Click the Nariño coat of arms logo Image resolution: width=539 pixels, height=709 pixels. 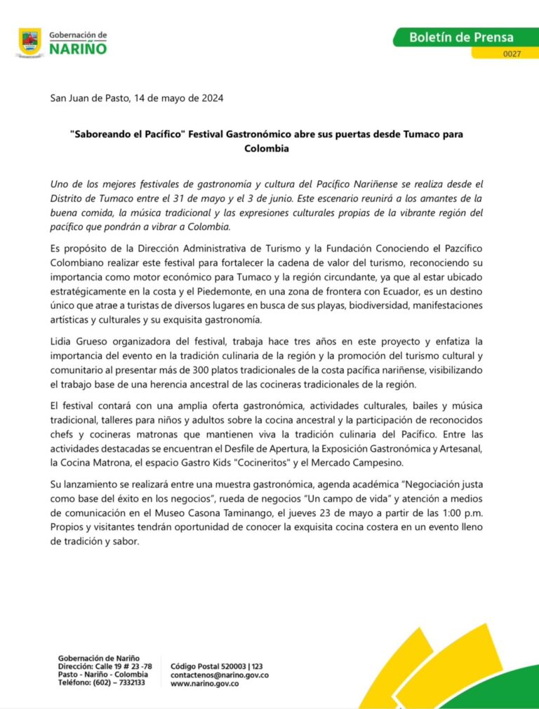click(29, 42)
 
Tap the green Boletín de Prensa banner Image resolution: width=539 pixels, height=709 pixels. click(461, 37)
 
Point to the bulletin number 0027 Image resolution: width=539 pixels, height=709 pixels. click(512, 53)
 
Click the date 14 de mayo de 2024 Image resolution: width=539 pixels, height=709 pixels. click(178, 98)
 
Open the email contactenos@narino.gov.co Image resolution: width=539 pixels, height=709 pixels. click(220, 675)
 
